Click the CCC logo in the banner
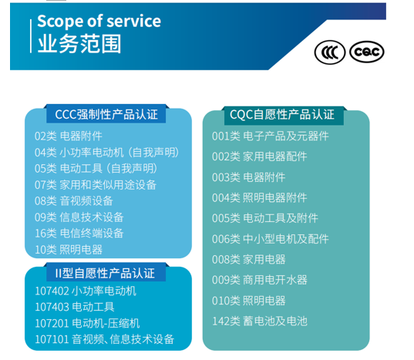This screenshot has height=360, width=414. pos(330,52)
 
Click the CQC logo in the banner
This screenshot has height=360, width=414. pos(367,52)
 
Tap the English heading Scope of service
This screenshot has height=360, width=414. pos(99,21)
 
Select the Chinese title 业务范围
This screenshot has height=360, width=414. pos(79,44)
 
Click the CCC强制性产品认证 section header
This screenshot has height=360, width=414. pos(106,115)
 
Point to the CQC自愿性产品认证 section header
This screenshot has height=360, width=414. pos(282,115)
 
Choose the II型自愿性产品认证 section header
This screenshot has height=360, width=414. pos(105,273)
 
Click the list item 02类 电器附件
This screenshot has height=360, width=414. pos(69,136)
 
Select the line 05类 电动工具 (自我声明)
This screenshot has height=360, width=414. pos(96,169)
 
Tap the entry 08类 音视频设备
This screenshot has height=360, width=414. pos(74,201)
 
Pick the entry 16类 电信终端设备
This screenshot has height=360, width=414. pos(79,234)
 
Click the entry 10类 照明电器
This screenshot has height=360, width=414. pos(69,250)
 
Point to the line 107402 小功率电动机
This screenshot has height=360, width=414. pos(86,291)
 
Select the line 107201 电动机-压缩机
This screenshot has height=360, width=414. pos(87,323)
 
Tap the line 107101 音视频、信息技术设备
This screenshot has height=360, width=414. pos(105,339)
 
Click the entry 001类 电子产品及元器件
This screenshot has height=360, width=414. pos(271,136)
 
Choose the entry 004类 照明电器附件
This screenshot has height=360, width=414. pos(260,197)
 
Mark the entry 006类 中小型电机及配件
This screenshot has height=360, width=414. pos(271,239)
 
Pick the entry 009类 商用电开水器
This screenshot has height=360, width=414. pos(260,280)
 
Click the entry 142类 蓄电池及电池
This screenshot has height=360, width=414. pos(260,321)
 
